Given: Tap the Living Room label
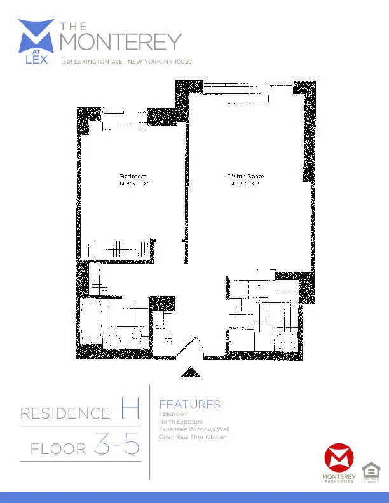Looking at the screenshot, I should pyautogui.click(x=246, y=176).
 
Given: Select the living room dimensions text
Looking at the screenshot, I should pyautogui.click(x=246, y=184).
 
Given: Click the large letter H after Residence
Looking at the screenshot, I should pyautogui.click(x=130, y=410).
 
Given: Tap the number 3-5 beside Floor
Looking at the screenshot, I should pyautogui.click(x=117, y=445).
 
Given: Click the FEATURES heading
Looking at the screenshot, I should pyautogui.click(x=189, y=405).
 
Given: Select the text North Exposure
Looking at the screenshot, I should pyautogui.click(x=181, y=422).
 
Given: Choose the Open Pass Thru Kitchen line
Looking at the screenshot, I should pyautogui.click(x=193, y=437).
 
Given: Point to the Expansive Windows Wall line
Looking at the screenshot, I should pyautogui.click(x=194, y=429).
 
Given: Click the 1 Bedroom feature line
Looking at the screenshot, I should pyautogui.click(x=174, y=414).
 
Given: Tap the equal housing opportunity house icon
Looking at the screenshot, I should pyautogui.click(x=369, y=470).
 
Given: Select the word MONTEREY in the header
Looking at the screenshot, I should pyautogui.click(x=120, y=42).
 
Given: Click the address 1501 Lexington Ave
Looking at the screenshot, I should pyautogui.click(x=126, y=62).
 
